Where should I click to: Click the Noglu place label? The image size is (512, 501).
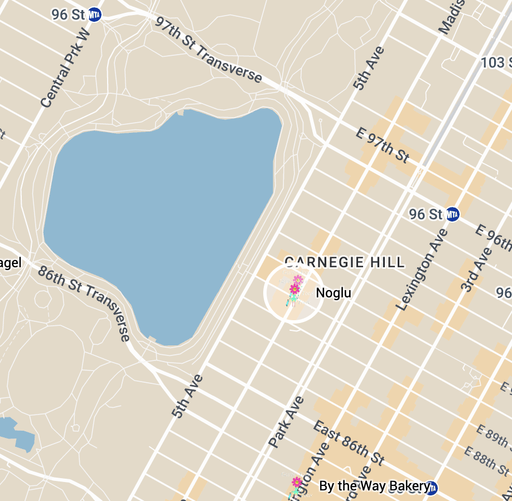334,293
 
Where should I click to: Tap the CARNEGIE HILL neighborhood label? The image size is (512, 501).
344,262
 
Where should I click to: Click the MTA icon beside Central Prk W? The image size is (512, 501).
95,15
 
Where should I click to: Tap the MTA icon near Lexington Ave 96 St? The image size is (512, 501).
452,214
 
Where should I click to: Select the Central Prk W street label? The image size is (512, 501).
65,69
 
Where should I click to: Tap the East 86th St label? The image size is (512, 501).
349,444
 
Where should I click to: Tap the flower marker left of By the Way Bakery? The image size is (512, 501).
297,483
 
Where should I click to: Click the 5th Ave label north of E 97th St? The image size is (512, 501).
369,68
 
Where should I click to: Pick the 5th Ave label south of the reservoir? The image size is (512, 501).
188,396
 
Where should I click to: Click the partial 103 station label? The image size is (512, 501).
495,62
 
